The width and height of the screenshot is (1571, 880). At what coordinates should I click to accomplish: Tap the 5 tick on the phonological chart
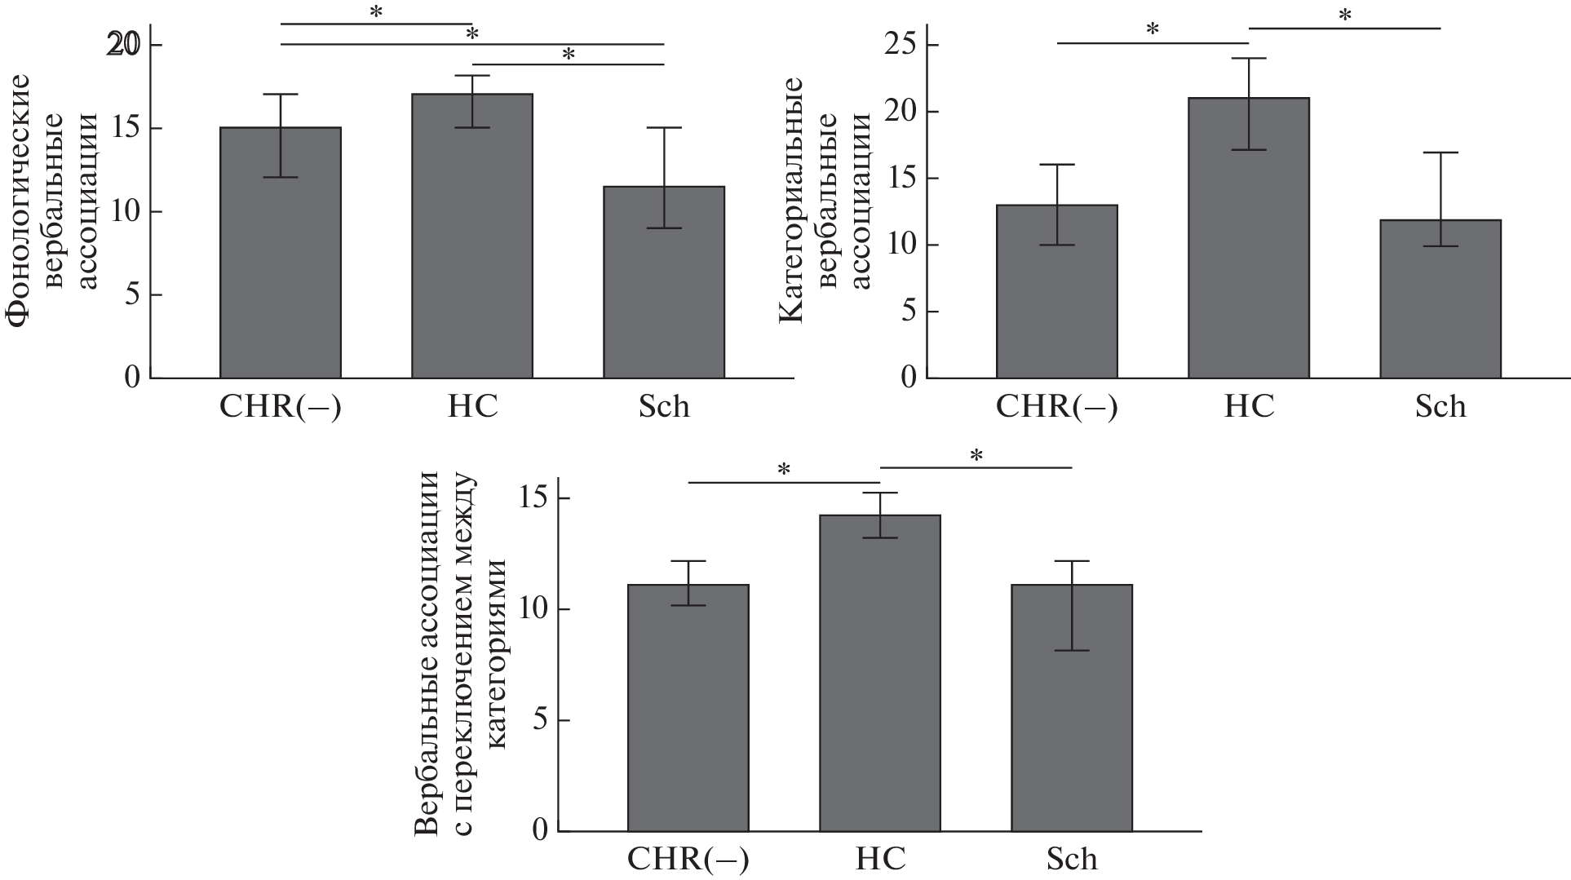click(131, 294)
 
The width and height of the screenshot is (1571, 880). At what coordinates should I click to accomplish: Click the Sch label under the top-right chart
click(1440, 406)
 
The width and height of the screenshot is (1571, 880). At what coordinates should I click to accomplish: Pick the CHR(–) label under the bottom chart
click(688, 860)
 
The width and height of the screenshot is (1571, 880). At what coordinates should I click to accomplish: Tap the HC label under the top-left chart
click(472, 406)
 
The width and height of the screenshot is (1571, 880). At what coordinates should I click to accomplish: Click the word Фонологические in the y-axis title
click(20, 201)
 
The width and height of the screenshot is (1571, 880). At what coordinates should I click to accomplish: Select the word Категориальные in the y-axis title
click(792, 201)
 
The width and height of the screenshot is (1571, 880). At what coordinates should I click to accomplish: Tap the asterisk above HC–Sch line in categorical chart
click(1344, 15)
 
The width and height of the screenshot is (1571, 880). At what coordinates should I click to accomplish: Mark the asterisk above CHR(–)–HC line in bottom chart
click(784, 471)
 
